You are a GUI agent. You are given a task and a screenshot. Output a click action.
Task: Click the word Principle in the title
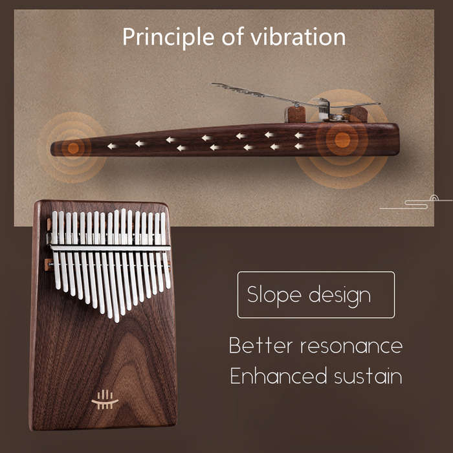168,38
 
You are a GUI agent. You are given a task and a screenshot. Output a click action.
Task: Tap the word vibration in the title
298,37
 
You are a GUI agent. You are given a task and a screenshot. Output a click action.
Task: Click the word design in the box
340,296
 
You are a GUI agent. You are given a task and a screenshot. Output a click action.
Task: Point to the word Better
261,345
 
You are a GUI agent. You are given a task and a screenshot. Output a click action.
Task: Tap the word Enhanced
278,375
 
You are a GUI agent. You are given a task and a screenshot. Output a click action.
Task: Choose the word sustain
368,376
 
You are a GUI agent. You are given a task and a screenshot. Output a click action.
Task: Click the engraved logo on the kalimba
105,399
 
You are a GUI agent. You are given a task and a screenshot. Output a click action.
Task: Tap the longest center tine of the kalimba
116,266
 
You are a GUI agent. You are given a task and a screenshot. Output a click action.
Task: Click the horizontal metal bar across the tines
111,248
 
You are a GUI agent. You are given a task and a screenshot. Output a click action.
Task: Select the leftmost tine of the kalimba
56,250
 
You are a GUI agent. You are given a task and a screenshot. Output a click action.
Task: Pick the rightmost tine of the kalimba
165,250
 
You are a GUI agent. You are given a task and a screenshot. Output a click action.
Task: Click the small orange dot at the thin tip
73,148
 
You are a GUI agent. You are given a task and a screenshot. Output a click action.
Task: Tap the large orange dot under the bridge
342,140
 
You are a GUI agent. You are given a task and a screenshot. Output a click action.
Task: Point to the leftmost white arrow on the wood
112,146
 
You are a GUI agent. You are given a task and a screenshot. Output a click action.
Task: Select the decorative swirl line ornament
416,202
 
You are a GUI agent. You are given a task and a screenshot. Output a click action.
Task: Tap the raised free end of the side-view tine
214,84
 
